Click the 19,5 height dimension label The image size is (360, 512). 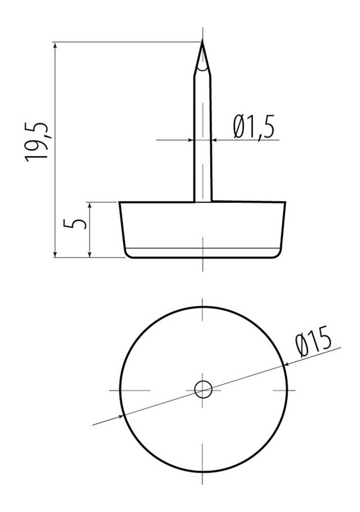click(x=37, y=142)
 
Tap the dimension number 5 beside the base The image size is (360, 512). click(x=75, y=223)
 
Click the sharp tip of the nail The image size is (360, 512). click(x=202, y=40)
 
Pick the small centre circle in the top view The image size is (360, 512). click(x=203, y=390)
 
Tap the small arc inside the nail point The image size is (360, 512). click(x=202, y=69)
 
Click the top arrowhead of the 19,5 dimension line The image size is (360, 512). click(x=55, y=45)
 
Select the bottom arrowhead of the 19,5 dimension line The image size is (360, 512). click(x=55, y=253)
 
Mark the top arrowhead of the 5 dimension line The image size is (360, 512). click(x=89, y=205)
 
